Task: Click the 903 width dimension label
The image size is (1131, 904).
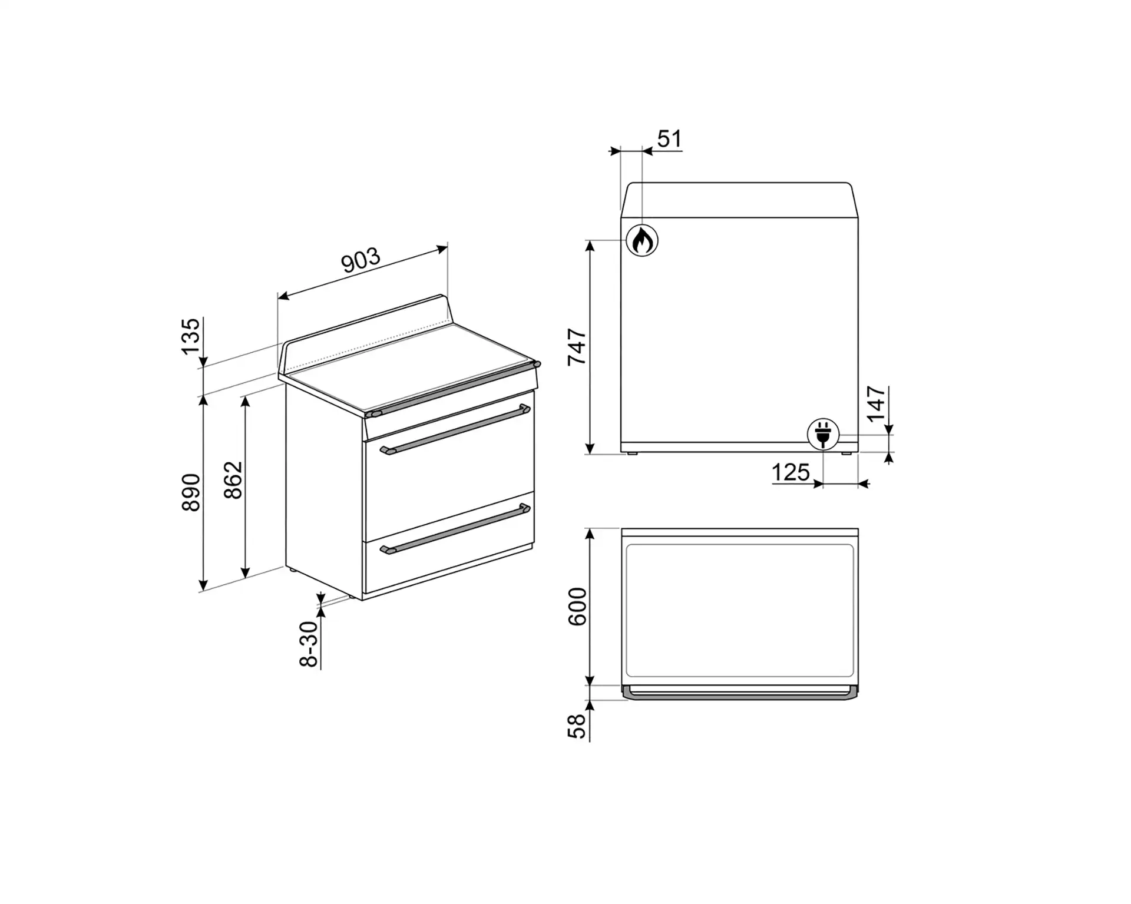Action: [361, 261]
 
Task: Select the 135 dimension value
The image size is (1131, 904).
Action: [191, 336]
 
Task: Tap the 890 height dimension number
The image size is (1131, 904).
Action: [191, 492]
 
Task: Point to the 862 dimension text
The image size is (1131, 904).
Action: [233, 480]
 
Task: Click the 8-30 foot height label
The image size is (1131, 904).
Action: [309, 644]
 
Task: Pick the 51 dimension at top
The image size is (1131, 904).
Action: [669, 139]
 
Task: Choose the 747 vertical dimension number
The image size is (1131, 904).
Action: [577, 347]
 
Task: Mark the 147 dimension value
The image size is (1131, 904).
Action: [877, 403]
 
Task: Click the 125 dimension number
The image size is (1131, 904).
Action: [791, 472]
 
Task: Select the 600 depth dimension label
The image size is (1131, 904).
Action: [577, 607]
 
